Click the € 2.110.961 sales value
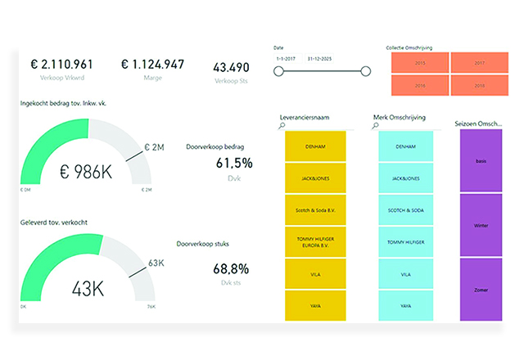62,65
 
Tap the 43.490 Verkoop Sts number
232,67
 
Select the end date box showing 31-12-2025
319,59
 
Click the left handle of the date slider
278,72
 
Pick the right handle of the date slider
365,72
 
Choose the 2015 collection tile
420,62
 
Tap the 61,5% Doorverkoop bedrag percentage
234,163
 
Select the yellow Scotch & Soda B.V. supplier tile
314,210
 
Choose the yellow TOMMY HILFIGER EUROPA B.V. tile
314,242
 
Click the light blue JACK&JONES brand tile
409,178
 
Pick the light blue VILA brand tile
409,274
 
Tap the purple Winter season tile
481,224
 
